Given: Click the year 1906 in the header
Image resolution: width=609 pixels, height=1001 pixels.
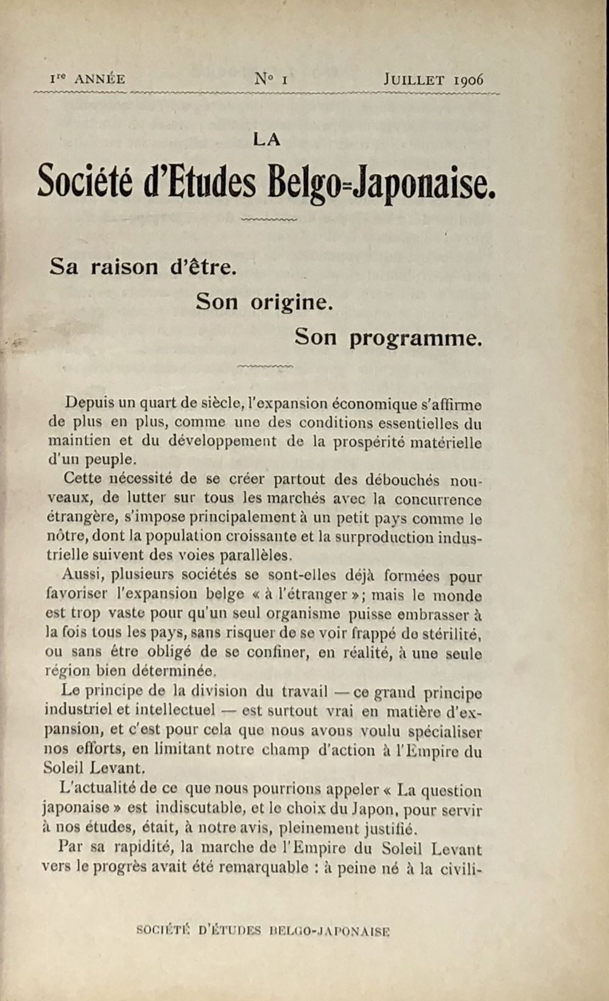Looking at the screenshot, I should [x=468, y=80].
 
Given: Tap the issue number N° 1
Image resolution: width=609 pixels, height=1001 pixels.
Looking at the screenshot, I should [x=271, y=79].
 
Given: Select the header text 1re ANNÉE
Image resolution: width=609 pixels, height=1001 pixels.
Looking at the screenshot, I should [x=88, y=79].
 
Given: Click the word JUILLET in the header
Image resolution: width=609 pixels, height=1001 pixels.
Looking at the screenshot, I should [x=414, y=79].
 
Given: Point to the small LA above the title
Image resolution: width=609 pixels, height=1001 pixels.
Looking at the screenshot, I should [x=267, y=139].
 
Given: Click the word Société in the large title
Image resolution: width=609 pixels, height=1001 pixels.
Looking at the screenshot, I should [x=85, y=181].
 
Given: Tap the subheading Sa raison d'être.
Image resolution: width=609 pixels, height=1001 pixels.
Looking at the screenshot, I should [x=143, y=267].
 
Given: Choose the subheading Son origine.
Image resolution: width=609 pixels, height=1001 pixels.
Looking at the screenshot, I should [x=264, y=301].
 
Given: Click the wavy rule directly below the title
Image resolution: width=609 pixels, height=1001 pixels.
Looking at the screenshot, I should [x=269, y=219].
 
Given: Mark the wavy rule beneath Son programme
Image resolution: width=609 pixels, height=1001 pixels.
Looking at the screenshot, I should [x=265, y=366].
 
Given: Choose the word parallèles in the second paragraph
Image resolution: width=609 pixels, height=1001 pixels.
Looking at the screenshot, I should [x=254, y=555].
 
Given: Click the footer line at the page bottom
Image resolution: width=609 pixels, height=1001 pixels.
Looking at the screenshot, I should [x=263, y=930].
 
